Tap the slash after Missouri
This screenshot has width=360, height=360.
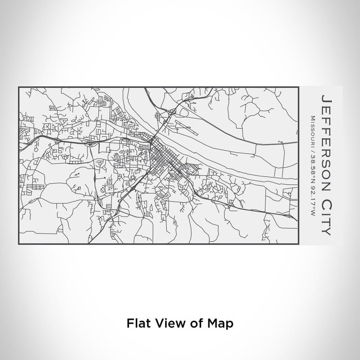point(312,149)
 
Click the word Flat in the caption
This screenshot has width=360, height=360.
point(138,323)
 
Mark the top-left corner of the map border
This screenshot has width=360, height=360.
point(19,87)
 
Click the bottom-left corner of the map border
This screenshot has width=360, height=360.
point(19,244)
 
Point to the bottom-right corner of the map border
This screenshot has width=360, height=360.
point(298,244)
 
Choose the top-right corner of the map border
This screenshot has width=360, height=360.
point(298,87)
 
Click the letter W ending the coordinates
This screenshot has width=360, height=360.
point(312,215)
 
